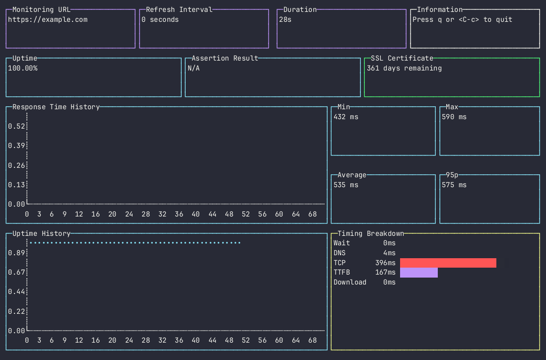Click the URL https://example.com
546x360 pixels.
[47, 20]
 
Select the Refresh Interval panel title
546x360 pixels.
[179, 9]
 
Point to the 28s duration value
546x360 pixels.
[285, 20]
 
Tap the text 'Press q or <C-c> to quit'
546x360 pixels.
[462, 20]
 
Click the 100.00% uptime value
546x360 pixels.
[22, 69]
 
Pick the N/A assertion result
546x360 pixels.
[194, 69]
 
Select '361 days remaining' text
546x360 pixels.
[404, 69]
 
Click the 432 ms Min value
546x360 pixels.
[346, 117]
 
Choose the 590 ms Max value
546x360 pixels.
[454, 117]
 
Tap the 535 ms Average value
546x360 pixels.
[346, 185]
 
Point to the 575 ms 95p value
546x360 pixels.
[454, 185]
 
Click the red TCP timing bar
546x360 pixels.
[448, 263]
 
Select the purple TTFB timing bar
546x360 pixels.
[418, 273]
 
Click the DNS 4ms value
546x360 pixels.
[389, 253]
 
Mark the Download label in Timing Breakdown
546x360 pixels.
[350, 283]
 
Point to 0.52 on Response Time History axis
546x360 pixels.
[16, 126]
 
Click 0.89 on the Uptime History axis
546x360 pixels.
[16, 253]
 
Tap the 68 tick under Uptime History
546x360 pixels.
[313, 341]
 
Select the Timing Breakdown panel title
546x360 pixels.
[371, 233]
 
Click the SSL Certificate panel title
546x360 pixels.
[402, 58]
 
